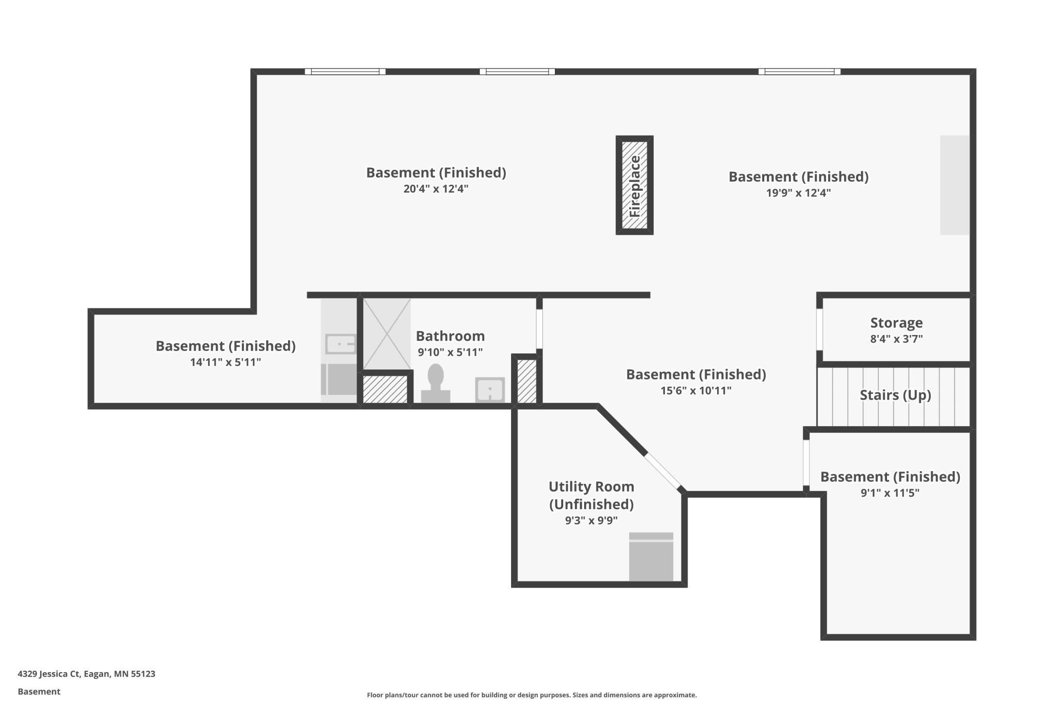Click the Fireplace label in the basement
coord(634,186)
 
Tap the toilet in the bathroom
coord(435,383)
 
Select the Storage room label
coord(896,323)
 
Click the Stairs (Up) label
coord(895,395)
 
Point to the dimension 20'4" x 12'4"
coord(436,189)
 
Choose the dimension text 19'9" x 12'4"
coord(798,193)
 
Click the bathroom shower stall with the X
coord(387,334)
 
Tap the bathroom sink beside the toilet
coord(490,390)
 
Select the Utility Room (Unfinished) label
coord(591,495)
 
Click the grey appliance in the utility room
coord(651,557)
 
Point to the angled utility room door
coord(663,471)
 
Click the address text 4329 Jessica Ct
coord(49,674)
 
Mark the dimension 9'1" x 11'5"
coord(890,493)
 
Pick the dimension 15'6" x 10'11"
coord(696,391)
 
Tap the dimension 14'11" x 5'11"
coord(226,362)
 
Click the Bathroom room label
coord(450,336)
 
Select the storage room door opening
coord(819,329)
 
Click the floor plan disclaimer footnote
coord(531,695)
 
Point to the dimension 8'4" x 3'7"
coord(896,339)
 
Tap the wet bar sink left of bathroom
coord(340,344)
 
